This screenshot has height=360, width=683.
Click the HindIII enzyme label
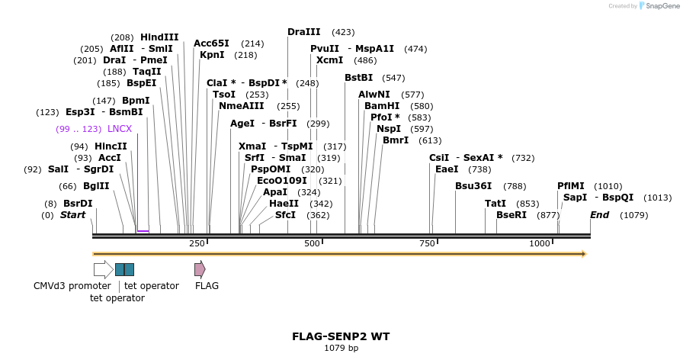click(159, 37)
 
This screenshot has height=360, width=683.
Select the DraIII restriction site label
click(303, 32)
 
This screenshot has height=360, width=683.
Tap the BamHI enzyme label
click(382, 106)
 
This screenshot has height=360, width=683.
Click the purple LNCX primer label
click(120, 129)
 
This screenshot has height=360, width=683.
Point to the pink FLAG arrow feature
click(200, 269)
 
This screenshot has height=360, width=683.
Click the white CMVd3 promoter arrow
click(103, 269)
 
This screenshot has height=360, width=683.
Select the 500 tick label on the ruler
click(313, 243)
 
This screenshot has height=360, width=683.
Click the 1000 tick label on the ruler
click(540, 243)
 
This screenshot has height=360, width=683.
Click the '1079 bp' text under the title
click(341, 349)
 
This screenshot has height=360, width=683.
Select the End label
click(599, 215)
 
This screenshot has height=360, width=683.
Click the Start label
click(72, 215)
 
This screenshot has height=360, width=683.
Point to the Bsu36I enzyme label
click(473, 186)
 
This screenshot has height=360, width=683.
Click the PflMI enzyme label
click(571, 186)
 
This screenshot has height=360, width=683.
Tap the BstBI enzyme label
click(358, 78)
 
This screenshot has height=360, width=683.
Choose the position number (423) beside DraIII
click(343, 32)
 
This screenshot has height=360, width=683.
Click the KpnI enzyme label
click(212, 55)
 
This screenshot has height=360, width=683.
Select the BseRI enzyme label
click(511, 215)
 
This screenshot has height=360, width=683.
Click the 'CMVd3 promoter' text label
click(72, 286)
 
